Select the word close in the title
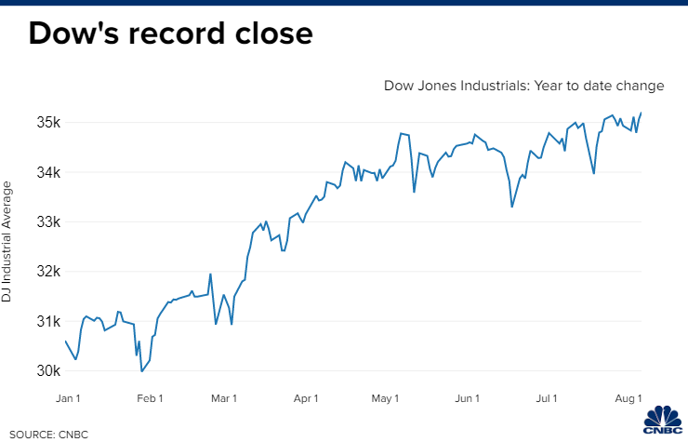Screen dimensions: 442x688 coord(271,33)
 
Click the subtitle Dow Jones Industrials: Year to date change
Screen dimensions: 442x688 coord(523,86)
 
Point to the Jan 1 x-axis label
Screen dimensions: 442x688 coord(67,398)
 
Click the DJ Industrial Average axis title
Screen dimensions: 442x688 coord(7,242)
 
